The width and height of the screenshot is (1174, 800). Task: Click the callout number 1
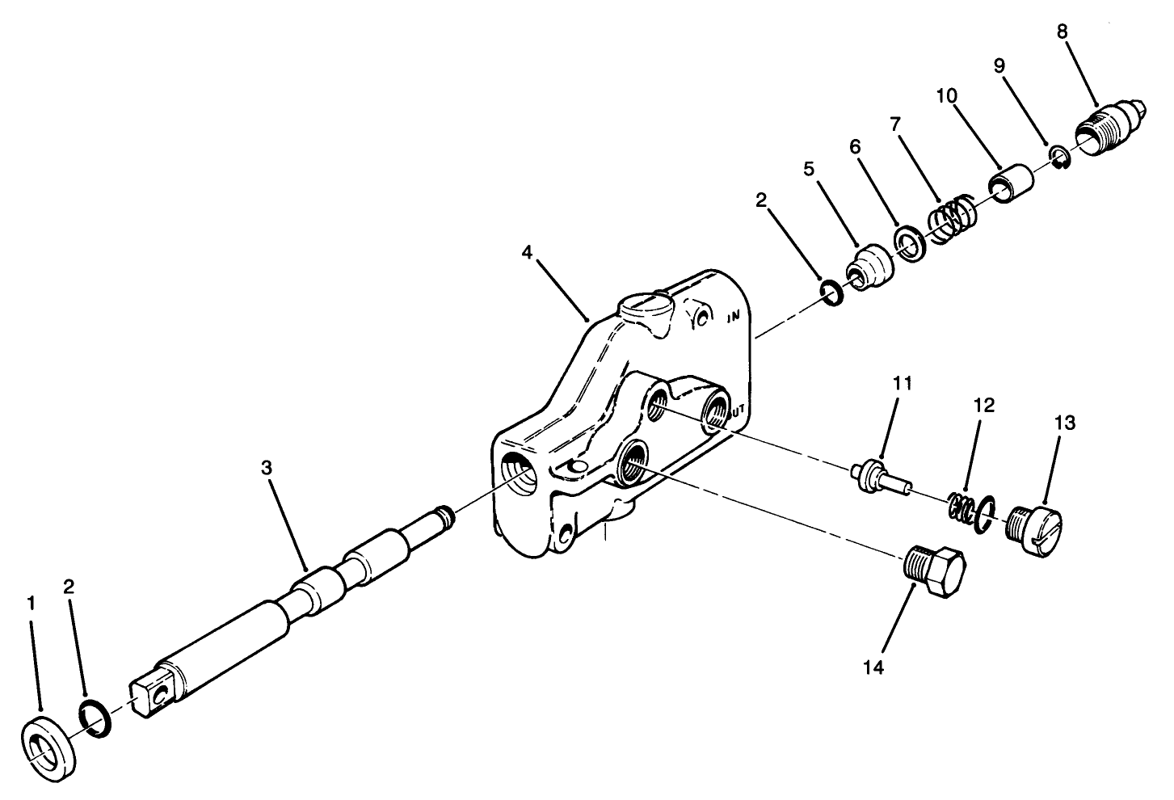(x=31, y=603)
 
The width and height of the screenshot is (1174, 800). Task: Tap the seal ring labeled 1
(x=47, y=752)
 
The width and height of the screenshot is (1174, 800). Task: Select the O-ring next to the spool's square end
(x=95, y=719)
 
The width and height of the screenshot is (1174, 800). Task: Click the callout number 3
(x=267, y=468)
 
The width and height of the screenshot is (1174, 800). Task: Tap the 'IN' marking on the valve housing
(x=734, y=318)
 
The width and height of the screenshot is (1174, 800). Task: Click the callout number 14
(x=873, y=667)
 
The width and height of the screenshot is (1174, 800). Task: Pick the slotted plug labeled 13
(x=1037, y=528)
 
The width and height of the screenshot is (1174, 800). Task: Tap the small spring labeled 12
(x=962, y=507)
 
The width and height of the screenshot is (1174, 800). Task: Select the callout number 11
(x=902, y=383)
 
